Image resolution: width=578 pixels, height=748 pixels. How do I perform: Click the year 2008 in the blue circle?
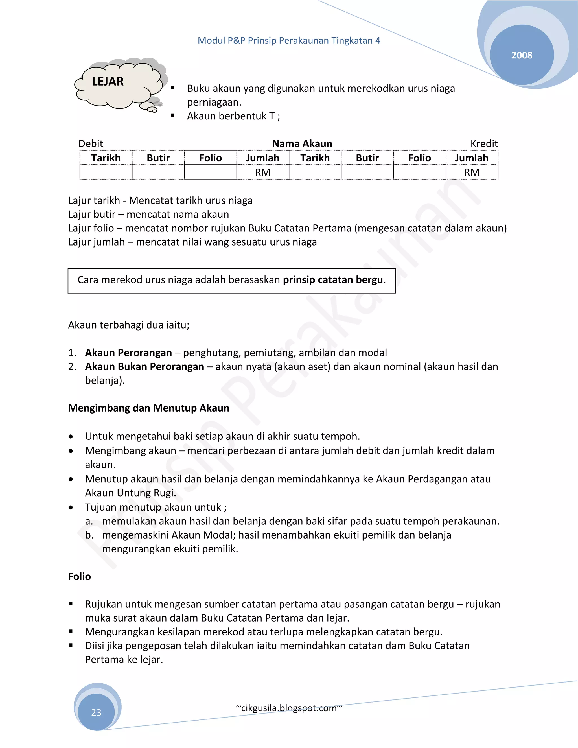point(522,55)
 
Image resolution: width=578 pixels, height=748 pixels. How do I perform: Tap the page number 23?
point(96,712)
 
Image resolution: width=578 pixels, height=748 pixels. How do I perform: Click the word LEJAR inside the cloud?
point(108,82)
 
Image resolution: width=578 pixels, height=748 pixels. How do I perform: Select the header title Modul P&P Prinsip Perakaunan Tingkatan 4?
point(289,40)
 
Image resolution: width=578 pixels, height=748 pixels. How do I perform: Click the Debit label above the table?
point(91,143)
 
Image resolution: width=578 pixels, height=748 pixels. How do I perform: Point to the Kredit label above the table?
point(484,143)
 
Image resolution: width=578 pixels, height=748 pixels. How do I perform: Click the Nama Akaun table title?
point(302,143)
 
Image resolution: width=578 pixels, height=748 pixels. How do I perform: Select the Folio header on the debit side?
point(210,158)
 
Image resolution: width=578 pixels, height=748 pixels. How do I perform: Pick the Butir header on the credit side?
point(367,158)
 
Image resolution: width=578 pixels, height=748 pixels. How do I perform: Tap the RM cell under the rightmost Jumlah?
point(472,172)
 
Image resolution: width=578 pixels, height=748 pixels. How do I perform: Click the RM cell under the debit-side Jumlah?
point(263,172)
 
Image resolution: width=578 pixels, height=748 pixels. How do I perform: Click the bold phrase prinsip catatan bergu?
point(332,280)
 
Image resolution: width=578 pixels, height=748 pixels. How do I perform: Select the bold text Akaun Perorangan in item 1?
point(128,353)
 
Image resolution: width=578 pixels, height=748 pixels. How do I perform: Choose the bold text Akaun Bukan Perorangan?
point(144,366)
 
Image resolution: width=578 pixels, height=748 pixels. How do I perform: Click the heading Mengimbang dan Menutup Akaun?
point(149,408)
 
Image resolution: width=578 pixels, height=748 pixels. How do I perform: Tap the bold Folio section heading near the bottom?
point(79,576)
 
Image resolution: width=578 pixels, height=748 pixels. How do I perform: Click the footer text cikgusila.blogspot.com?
point(289,708)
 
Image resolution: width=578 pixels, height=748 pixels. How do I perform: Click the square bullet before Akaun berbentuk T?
point(173,116)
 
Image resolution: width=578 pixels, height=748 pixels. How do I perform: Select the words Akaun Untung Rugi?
point(130,493)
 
